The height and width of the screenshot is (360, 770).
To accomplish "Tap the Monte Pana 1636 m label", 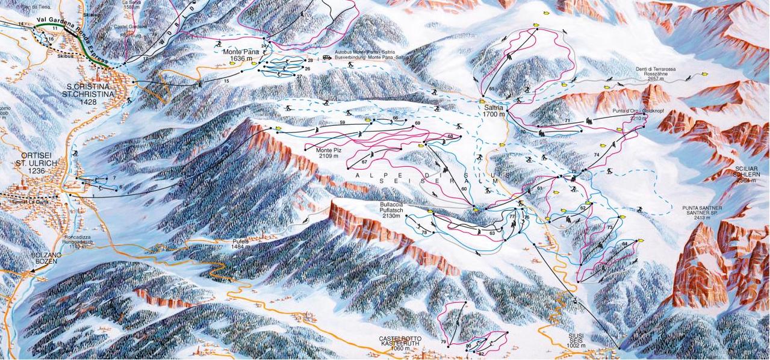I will (x=241, y=55).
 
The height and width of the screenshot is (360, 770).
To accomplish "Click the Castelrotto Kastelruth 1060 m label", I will (x=399, y=344).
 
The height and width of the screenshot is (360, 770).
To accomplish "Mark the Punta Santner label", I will (x=702, y=211).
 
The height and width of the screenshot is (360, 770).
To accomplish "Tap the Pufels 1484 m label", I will (x=241, y=243).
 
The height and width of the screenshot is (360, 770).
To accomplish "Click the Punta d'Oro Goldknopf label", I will (x=622, y=116).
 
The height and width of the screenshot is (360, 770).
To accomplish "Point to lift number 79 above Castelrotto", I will (x=443, y=343).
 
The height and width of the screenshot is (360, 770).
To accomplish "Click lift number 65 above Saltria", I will (x=491, y=89).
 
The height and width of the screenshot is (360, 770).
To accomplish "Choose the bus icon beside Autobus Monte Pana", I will (x=326, y=57).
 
